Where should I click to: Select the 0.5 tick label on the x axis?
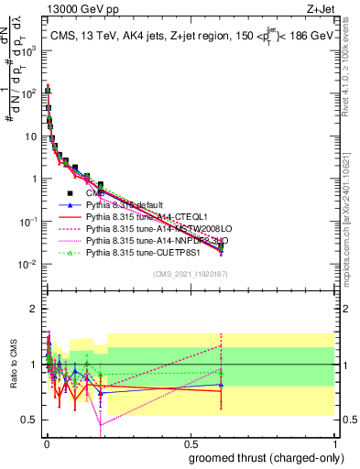point(190,442)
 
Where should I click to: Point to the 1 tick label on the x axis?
point(334,442)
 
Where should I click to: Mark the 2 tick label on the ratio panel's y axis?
point(34,309)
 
